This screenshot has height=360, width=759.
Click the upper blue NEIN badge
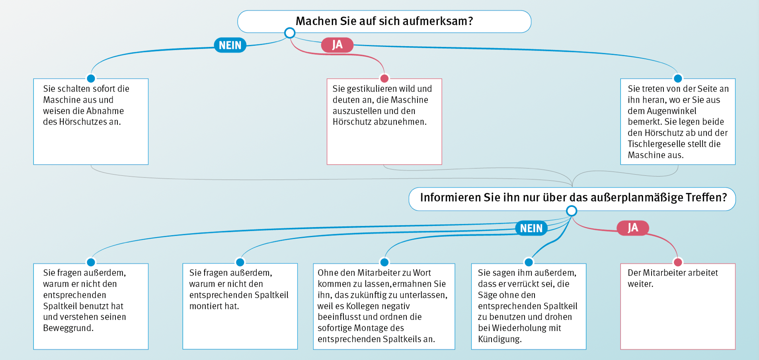230,45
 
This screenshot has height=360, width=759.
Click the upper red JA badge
337,45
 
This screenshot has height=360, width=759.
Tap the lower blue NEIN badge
531,228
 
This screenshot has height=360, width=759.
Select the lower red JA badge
633,228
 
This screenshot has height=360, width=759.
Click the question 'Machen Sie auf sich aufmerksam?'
384,21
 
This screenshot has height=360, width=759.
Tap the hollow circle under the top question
290,33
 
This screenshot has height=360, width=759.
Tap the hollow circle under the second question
572,211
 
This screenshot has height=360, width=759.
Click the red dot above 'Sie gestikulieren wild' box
384,78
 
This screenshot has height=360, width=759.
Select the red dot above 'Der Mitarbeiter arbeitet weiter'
678,262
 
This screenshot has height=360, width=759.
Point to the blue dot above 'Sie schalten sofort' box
91,78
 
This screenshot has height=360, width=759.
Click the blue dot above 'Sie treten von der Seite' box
678,78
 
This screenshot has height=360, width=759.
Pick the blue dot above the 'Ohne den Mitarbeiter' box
384,262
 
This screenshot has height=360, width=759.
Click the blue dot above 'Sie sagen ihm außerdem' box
529,262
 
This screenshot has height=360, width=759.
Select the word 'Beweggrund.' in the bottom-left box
68,328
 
